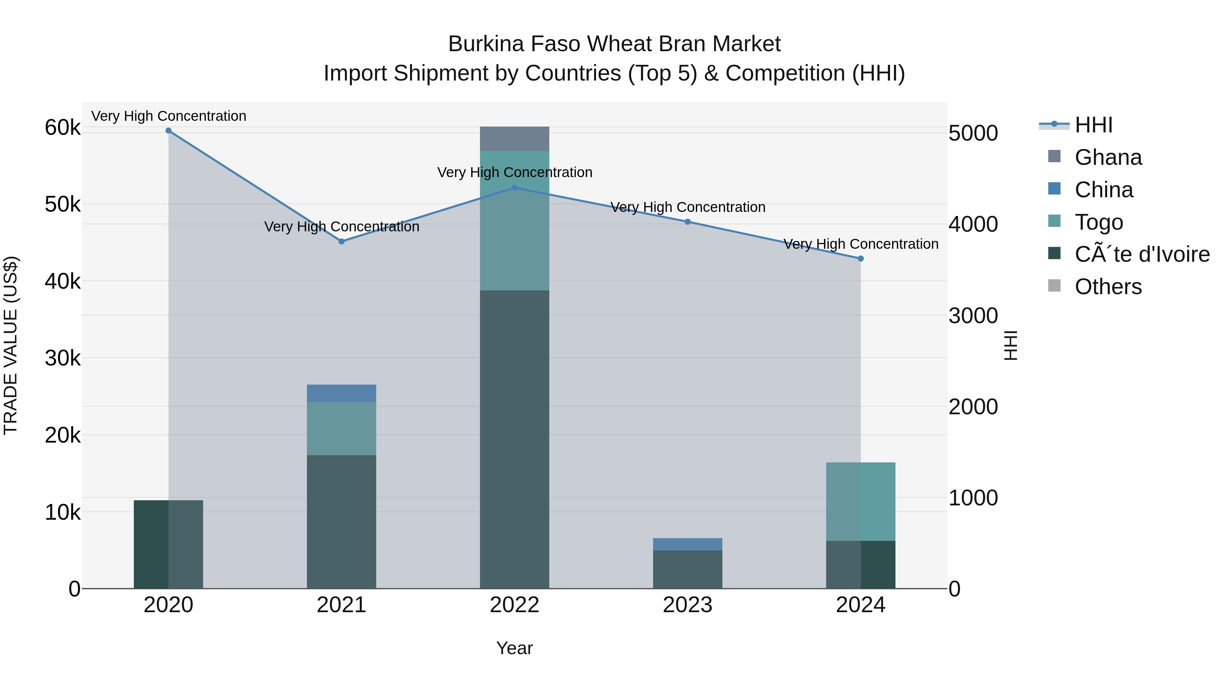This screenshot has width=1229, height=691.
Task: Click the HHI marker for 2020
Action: (168, 131)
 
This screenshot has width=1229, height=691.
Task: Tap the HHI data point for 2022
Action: (514, 188)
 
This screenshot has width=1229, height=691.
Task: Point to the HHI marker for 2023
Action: (688, 222)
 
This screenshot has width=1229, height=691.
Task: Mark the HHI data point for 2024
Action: (861, 258)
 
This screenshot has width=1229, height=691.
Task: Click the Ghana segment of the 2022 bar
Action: (514, 139)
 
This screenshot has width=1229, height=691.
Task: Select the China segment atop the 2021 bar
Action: (342, 393)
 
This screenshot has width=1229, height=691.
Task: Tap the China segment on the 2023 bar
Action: (688, 545)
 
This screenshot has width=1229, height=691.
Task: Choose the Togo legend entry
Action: (1098, 222)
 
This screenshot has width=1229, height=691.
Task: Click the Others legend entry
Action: (1108, 287)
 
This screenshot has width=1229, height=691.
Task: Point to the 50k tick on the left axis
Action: (62, 205)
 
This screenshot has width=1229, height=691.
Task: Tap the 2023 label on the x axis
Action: (688, 605)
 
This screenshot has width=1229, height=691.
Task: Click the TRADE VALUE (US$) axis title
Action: (11, 346)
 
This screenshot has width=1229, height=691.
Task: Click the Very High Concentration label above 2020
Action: (169, 116)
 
